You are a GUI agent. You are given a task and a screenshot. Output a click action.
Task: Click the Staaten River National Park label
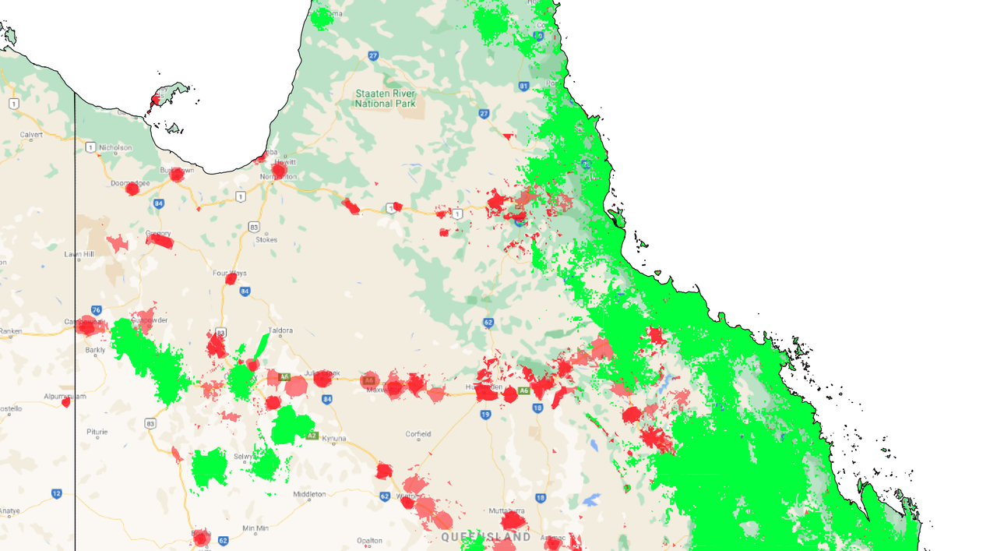click(x=386, y=98)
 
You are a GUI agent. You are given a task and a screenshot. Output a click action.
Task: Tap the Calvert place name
click(x=31, y=135)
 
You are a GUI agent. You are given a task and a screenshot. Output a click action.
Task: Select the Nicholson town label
click(x=115, y=147)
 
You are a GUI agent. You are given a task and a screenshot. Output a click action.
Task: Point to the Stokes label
click(x=266, y=240)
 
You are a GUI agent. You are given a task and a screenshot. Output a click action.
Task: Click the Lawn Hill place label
click(x=79, y=254)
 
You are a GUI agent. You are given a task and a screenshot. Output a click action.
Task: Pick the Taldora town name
click(x=280, y=330)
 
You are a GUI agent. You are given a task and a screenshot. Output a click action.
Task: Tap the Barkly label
click(x=95, y=351)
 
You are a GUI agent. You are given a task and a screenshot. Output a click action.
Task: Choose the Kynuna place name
click(x=334, y=439)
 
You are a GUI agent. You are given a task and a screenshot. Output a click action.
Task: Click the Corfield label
click(x=418, y=434)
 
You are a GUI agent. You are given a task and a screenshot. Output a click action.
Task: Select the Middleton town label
click(x=309, y=494)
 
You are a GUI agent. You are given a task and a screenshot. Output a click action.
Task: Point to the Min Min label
click(x=255, y=528)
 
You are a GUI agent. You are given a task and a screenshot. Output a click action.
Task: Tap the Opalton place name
click(x=369, y=540)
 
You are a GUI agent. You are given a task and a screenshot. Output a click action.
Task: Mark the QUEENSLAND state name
click(x=486, y=537)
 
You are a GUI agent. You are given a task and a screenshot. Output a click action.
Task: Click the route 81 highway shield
click(x=523, y=86)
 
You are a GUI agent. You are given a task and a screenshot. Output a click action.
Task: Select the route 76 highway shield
click(x=96, y=309)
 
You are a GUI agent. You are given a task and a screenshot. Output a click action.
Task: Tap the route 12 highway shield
click(x=56, y=493)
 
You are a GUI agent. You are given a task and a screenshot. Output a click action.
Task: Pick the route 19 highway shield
click(x=486, y=415)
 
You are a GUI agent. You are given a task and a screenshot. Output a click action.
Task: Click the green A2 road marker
click(x=312, y=435)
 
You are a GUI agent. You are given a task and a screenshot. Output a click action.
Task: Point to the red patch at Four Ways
click(x=231, y=278)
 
